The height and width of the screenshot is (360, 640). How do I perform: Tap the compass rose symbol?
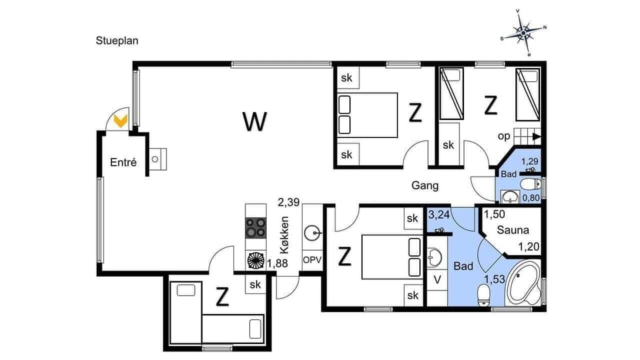click(x=523, y=31)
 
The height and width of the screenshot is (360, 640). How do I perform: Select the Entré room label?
click(x=123, y=162)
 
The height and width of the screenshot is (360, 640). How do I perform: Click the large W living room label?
click(x=255, y=121)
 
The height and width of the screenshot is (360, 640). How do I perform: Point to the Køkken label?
click(x=285, y=235)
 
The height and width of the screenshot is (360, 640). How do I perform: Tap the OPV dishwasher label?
click(x=311, y=259)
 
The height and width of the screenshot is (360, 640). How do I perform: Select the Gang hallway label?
click(x=425, y=185)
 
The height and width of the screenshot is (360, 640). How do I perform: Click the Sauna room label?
click(x=512, y=230)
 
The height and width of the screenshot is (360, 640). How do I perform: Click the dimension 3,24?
click(x=439, y=215)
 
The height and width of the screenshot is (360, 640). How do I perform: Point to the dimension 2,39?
click(x=289, y=201)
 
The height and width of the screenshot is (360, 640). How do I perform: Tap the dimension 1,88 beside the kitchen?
click(x=278, y=264)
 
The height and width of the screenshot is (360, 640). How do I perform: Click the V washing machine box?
click(x=437, y=279)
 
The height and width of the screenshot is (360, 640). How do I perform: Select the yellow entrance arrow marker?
click(x=121, y=121)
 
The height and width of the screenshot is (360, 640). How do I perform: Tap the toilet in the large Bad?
click(x=484, y=293)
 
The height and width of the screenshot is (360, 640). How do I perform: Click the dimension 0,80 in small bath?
click(x=531, y=197)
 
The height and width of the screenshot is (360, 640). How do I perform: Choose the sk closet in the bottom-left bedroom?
click(x=255, y=285)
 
